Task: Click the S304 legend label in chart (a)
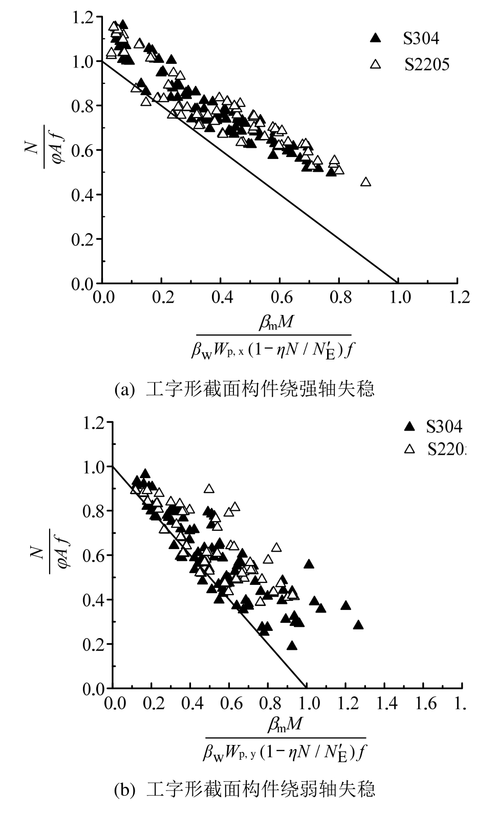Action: [x=420, y=38]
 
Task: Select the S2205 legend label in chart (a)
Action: [x=426, y=65]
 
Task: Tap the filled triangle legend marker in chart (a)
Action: [x=376, y=37]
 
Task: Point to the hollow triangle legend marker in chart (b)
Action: [x=409, y=449]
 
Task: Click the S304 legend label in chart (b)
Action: [x=444, y=426]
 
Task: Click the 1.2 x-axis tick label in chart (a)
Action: [x=457, y=298]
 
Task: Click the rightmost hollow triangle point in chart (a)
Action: [x=365, y=182]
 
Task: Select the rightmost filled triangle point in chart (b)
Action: [x=358, y=625]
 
